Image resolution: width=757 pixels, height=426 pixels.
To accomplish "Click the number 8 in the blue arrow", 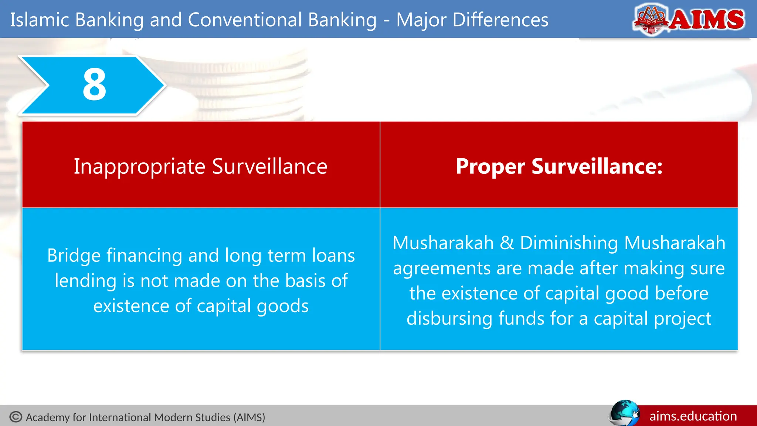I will pyautogui.click(x=95, y=85).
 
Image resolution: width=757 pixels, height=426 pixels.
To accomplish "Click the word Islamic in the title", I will pyautogui.click(x=40, y=20).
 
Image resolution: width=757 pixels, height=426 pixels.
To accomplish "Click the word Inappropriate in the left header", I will pyautogui.click(x=139, y=166).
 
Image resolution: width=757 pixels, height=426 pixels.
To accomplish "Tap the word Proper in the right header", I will pyautogui.click(x=490, y=166).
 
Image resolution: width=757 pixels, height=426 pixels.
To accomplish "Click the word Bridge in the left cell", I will pyautogui.click(x=74, y=256).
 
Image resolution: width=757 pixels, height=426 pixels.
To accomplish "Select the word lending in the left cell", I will pyautogui.click(x=86, y=281).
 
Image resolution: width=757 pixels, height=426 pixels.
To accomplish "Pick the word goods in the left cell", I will pyautogui.click(x=282, y=306).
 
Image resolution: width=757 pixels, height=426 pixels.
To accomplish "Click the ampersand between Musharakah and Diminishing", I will pyautogui.click(x=507, y=243).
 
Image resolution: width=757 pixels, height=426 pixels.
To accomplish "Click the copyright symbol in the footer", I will pyautogui.click(x=16, y=417).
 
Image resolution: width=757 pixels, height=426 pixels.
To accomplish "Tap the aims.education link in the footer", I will pyautogui.click(x=693, y=416).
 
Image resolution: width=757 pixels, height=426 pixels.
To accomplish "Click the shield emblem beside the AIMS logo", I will pyautogui.click(x=651, y=19).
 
